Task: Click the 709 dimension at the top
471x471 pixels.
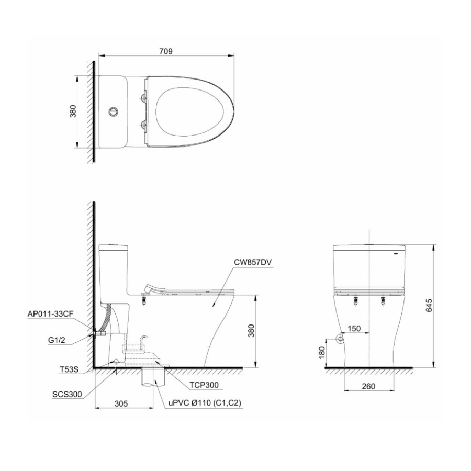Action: (x=166, y=51)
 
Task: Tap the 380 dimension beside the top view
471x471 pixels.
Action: (x=73, y=111)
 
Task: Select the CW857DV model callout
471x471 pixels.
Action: (x=253, y=263)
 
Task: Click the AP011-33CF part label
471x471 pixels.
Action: (x=50, y=314)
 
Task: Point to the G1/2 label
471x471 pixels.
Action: (x=57, y=340)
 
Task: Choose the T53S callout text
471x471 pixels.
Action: (x=69, y=369)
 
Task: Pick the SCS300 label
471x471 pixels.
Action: (x=66, y=394)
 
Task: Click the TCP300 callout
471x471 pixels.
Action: (x=204, y=385)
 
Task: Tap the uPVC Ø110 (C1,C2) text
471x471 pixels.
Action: (x=205, y=403)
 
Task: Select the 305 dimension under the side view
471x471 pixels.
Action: (x=121, y=403)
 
